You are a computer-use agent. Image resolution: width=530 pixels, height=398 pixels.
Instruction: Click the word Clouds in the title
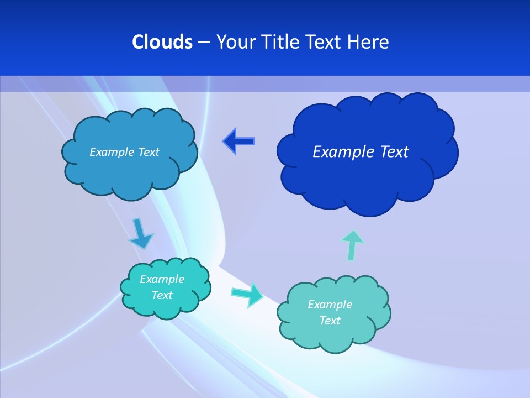click(162, 42)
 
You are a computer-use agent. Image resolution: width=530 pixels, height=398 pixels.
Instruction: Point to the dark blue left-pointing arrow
click(239, 142)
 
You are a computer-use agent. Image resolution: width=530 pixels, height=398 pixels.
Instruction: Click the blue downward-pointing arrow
click(140, 234)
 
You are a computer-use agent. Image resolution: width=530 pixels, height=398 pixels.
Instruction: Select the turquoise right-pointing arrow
click(247, 295)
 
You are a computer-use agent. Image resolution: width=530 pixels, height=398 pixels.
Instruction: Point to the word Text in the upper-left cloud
click(149, 151)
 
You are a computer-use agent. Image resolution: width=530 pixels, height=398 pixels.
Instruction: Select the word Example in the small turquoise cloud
click(162, 279)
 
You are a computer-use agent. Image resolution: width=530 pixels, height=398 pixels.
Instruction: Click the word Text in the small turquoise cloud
click(162, 295)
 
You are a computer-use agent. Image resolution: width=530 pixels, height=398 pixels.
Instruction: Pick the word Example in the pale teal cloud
click(330, 305)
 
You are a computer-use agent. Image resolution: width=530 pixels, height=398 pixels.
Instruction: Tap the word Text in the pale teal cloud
click(330, 321)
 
